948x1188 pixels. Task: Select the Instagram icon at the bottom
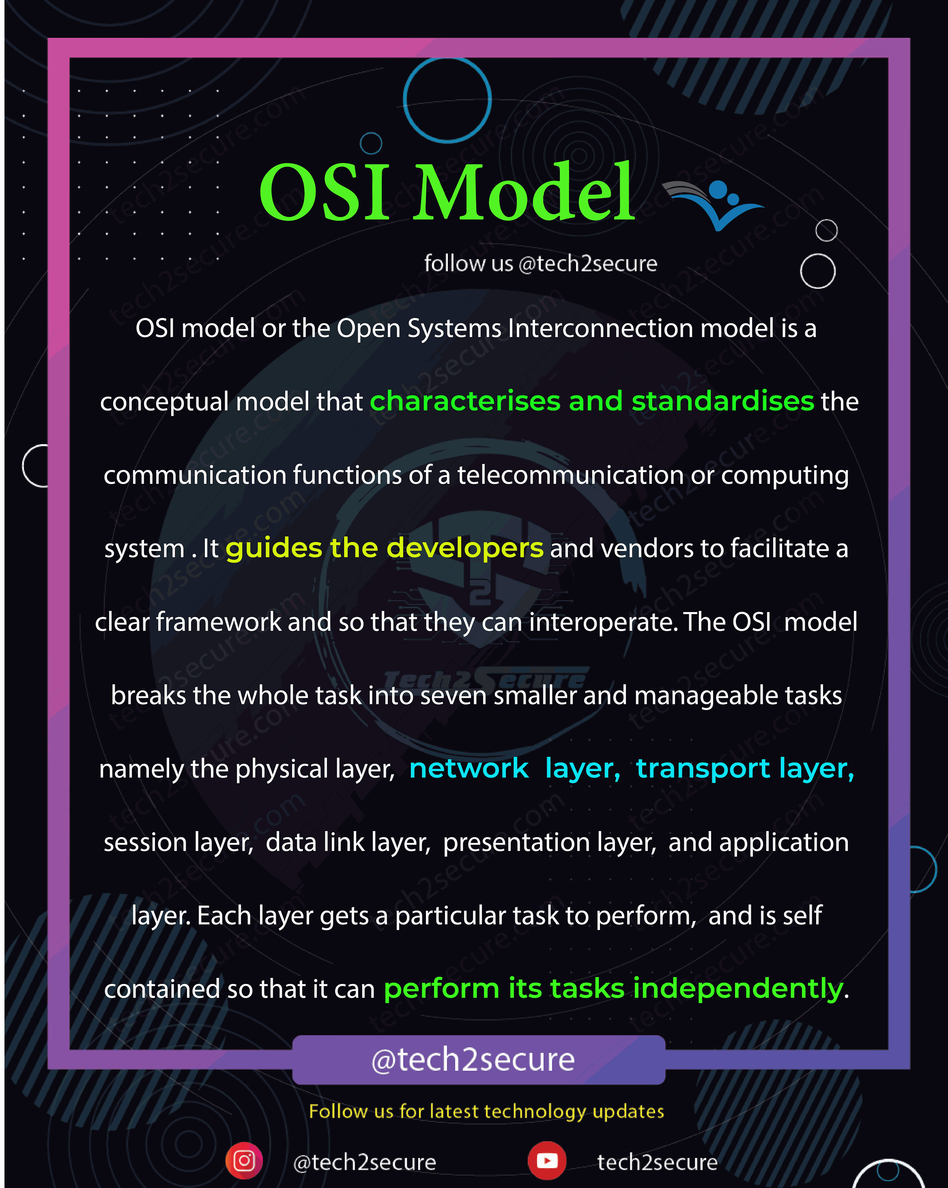[244, 1160]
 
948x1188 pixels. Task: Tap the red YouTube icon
[547, 1160]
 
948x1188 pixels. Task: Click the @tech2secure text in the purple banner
[473, 1059]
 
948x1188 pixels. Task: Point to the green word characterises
[466, 401]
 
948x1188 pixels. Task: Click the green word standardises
[722, 401]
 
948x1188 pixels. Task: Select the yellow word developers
[464, 549]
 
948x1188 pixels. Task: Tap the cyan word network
[469, 768]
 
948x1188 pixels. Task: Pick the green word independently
[738, 989]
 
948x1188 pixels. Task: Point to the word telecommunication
[570, 475]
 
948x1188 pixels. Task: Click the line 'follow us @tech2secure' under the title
[541, 263]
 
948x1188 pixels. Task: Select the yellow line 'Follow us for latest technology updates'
[487, 1111]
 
